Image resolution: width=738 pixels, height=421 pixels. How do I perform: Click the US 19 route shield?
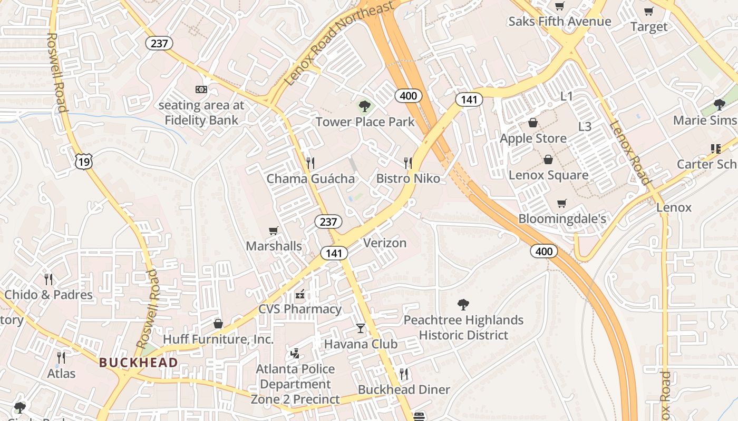pyautogui.click(x=84, y=162)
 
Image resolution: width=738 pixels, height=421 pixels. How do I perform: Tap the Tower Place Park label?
pyautogui.click(x=365, y=122)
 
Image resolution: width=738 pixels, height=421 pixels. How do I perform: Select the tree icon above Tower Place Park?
pyautogui.click(x=364, y=106)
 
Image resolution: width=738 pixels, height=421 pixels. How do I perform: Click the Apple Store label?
pyautogui.click(x=533, y=138)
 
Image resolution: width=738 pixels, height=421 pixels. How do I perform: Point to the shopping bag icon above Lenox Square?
pyautogui.click(x=548, y=159)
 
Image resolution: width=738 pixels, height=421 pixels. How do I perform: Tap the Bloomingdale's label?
pyautogui.click(x=562, y=219)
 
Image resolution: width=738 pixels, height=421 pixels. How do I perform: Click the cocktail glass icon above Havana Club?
pyautogui.click(x=360, y=328)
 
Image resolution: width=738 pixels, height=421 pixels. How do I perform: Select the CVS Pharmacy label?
pyautogui.click(x=299, y=309)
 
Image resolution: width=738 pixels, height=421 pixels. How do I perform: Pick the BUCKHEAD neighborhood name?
pyautogui.click(x=138, y=363)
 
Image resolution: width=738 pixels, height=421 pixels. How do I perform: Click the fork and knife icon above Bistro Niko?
pyautogui.click(x=407, y=163)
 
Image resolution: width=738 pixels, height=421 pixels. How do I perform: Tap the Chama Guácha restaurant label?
pyautogui.click(x=310, y=178)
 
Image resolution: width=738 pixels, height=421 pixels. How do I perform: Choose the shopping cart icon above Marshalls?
pyautogui.click(x=273, y=230)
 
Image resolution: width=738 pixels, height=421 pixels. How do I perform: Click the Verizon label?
pyautogui.click(x=385, y=243)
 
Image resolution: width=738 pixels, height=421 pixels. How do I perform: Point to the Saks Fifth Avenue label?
pyautogui.click(x=559, y=22)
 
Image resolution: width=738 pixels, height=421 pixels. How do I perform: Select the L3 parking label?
pyautogui.click(x=585, y=127)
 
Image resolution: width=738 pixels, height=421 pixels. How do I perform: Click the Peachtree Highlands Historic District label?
pyautogui.click(x=463, y=327)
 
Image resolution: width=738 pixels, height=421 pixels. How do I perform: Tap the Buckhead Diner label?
pyautogui.click(x=404, y=389)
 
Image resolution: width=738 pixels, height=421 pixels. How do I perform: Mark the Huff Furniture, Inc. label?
pyautogui.click(x=218, y=339)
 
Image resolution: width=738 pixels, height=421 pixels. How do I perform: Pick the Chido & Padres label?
pyautogui.click(x=48, y=295)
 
